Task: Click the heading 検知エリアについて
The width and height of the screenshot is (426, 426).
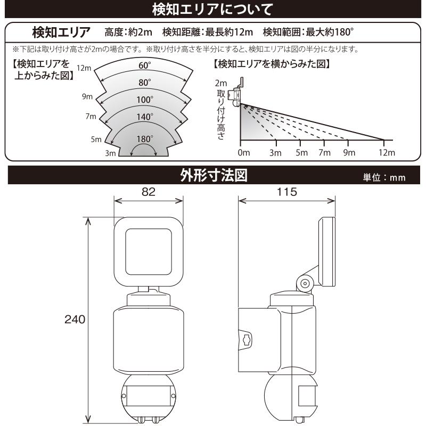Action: click(212, 9)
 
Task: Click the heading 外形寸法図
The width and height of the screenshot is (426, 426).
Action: click(213, 175)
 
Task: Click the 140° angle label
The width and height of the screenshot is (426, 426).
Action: click(145, 116)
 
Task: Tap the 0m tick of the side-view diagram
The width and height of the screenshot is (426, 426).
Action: click(243, 153)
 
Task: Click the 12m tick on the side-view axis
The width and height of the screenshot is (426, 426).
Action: click(387, 153)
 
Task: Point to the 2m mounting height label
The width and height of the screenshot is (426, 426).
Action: click(221, 84)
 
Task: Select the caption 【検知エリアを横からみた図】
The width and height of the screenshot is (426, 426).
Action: click(272, 64)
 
